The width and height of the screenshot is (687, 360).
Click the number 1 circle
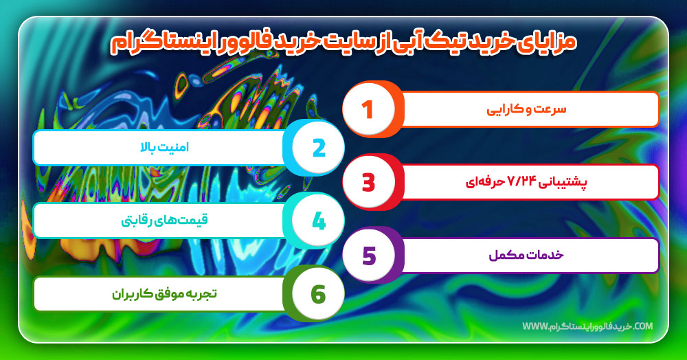point(368,109)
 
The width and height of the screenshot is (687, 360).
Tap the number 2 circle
point(318,147)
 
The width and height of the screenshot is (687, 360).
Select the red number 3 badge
point(368,182)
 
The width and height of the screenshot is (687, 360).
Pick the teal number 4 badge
point(318,221)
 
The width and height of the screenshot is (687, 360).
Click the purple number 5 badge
point(368,256)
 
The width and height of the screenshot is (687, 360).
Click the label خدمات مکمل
point(535,256)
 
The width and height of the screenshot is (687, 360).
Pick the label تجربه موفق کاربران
point(165,294)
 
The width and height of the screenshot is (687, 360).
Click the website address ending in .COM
point(587,326)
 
